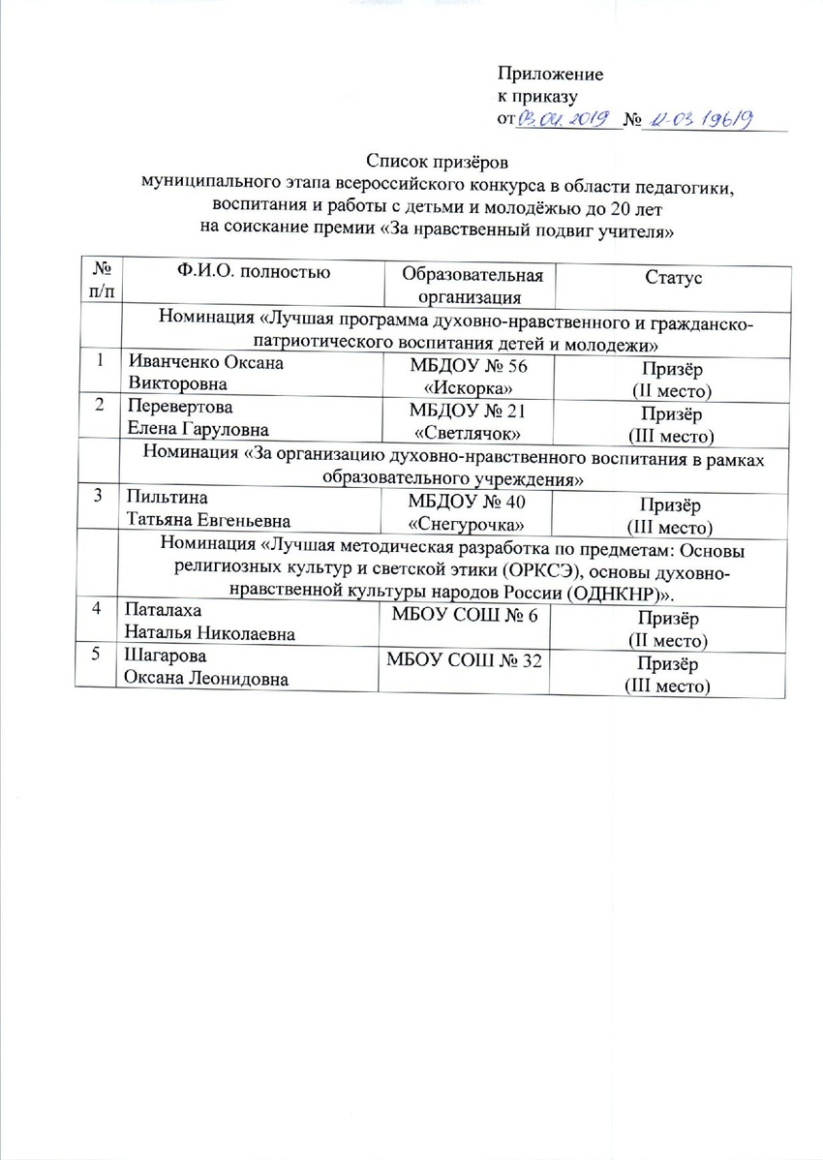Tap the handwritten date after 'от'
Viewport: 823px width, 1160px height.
coord(563,118)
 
